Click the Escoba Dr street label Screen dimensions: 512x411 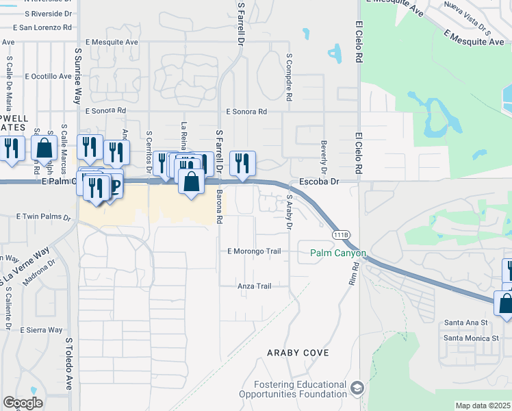(319, 182)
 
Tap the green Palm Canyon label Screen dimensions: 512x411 (338, 253)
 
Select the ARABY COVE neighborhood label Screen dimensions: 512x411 (298, 353)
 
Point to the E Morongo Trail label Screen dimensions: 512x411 (254, 251)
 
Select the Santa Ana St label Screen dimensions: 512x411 (465, 322)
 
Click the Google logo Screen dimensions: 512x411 (23, 403)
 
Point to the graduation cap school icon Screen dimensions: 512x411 (357, 389)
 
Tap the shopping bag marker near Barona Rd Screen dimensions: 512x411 (192, 182)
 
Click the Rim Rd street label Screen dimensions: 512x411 (353, 274)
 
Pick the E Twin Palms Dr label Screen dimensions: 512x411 (44, 216)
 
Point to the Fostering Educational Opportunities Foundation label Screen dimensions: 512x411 (293, 389)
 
